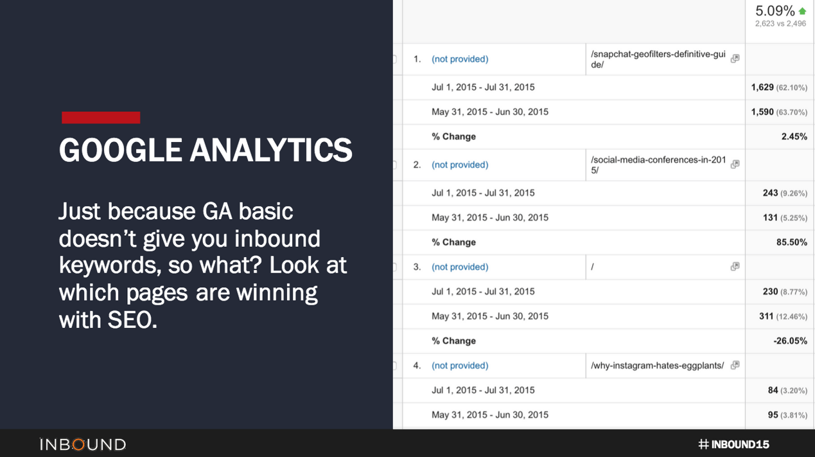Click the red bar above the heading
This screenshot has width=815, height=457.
pyautogui.click(x=101, y=118)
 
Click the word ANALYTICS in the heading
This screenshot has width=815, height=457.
pyautogui.click(x=270, y=150)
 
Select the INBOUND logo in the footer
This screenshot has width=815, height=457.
pyautogui.click(x=83, y=444)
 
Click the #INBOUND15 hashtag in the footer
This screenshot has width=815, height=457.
pyautogui.click(x=733, y=444)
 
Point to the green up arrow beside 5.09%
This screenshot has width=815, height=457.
pyautogui.click(x=802, y=11)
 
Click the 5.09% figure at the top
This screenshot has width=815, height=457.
pyautogui.click(x=775, y=11)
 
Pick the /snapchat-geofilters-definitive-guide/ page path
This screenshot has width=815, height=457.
pyautogui.click(x=658, y=59)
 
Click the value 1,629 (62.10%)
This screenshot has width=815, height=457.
pyautogui.click(x=778, y=87)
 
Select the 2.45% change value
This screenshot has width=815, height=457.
pyautogui.click(x=794, y=136)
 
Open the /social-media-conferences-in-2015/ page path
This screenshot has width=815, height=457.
pyautogui.click(x=658, y=165)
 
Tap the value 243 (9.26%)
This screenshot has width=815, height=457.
pyautogui.click(x=784, y=193)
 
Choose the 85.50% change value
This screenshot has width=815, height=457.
pyautogui.click(x=791, y=242)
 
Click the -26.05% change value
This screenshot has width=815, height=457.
pyautogui.click(x=790, y=341)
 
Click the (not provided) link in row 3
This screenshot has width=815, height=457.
pyautogui.click(x=460, y=267)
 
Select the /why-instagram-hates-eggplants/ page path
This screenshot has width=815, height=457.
pyautogui.click(x=657, y=366)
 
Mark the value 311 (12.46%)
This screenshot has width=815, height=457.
pyautogui.click(x=782, y=316)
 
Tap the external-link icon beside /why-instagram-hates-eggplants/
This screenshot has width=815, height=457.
pyautogui.click(x=735, y=365)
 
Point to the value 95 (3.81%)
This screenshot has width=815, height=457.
pyautogui.click(x=787, y=415)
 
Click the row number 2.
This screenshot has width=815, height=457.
pyautogui.click(x=417, y=165)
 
